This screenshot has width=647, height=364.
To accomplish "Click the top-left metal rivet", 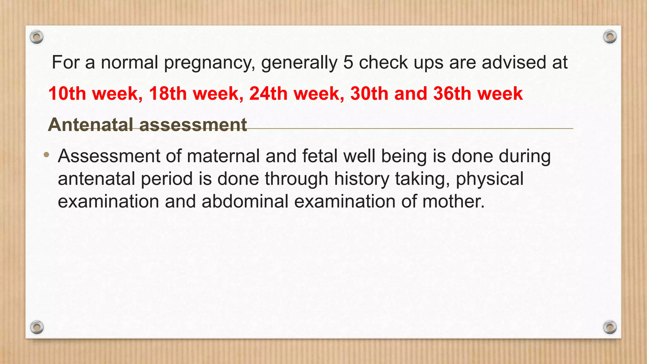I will coord(37,37).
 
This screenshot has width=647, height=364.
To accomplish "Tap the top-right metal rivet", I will coord(610,37).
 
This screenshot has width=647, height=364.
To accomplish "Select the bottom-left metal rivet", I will coord(37,327).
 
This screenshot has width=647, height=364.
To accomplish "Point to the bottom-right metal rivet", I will coord(610,327).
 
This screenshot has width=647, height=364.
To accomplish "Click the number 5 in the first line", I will coord(348,62).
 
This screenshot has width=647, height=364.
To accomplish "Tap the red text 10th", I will coord(67,94).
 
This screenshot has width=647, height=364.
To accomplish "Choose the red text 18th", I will coord(168,94).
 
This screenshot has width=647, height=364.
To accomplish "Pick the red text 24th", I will coord(268,94).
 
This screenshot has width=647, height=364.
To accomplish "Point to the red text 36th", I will coord(452,94).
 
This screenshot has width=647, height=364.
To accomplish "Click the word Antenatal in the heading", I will coord(90,124).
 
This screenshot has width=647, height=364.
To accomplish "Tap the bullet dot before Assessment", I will coord(47,155).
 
